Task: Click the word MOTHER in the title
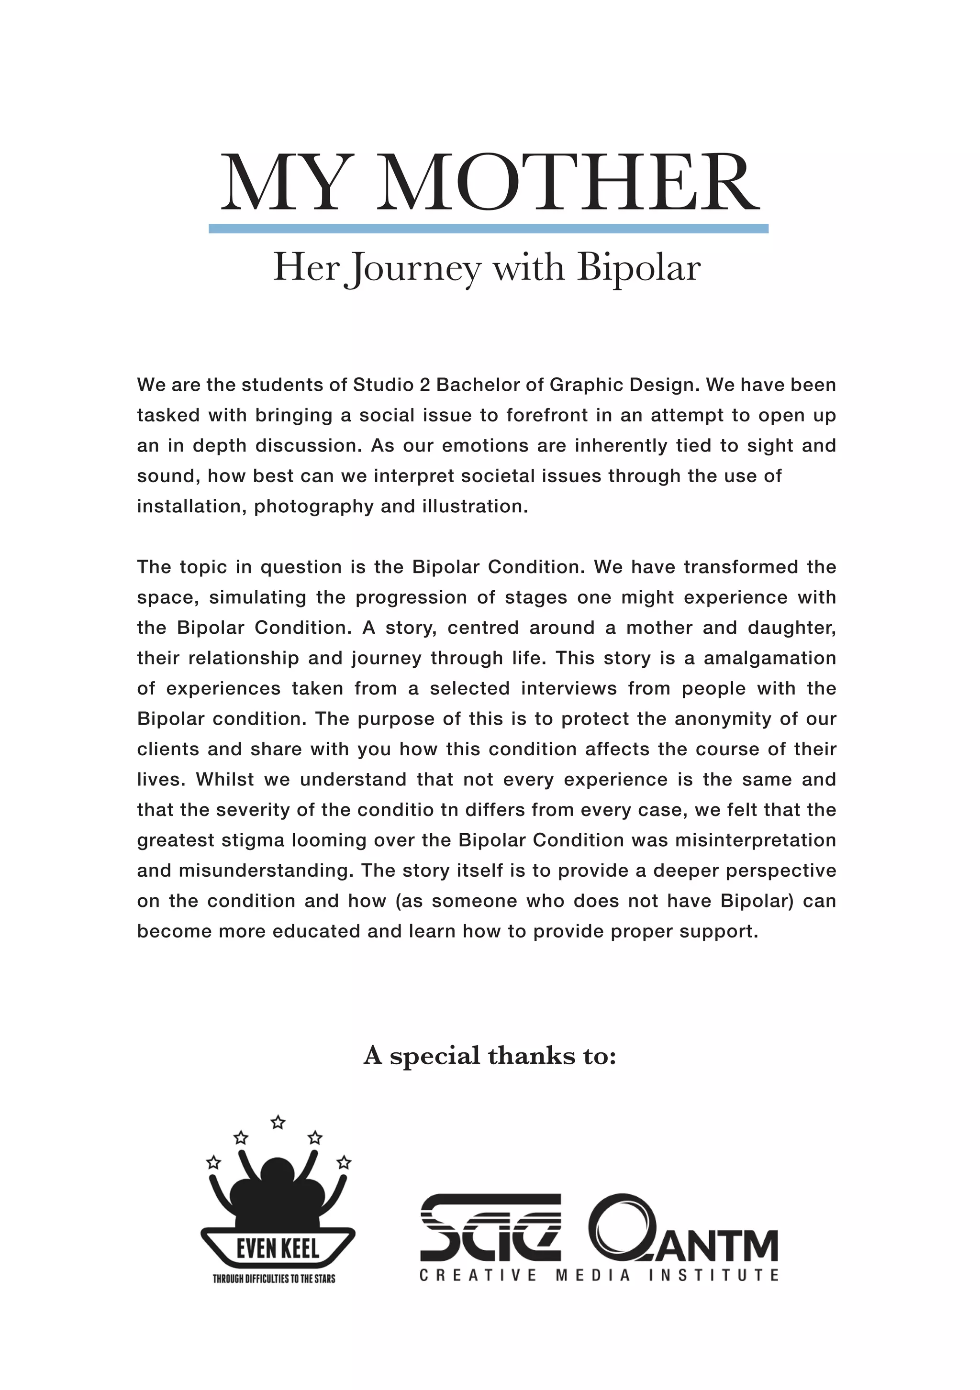coord(568,183)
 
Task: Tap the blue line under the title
coord(488,228)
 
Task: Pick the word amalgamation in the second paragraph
coord(770,658)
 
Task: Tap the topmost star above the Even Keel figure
coord(278,1123)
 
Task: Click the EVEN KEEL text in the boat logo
coord(278,1248)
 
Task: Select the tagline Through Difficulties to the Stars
coord(274,1279)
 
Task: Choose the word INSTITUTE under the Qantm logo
coord(713,1276)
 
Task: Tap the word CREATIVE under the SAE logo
coord(478,1276)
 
